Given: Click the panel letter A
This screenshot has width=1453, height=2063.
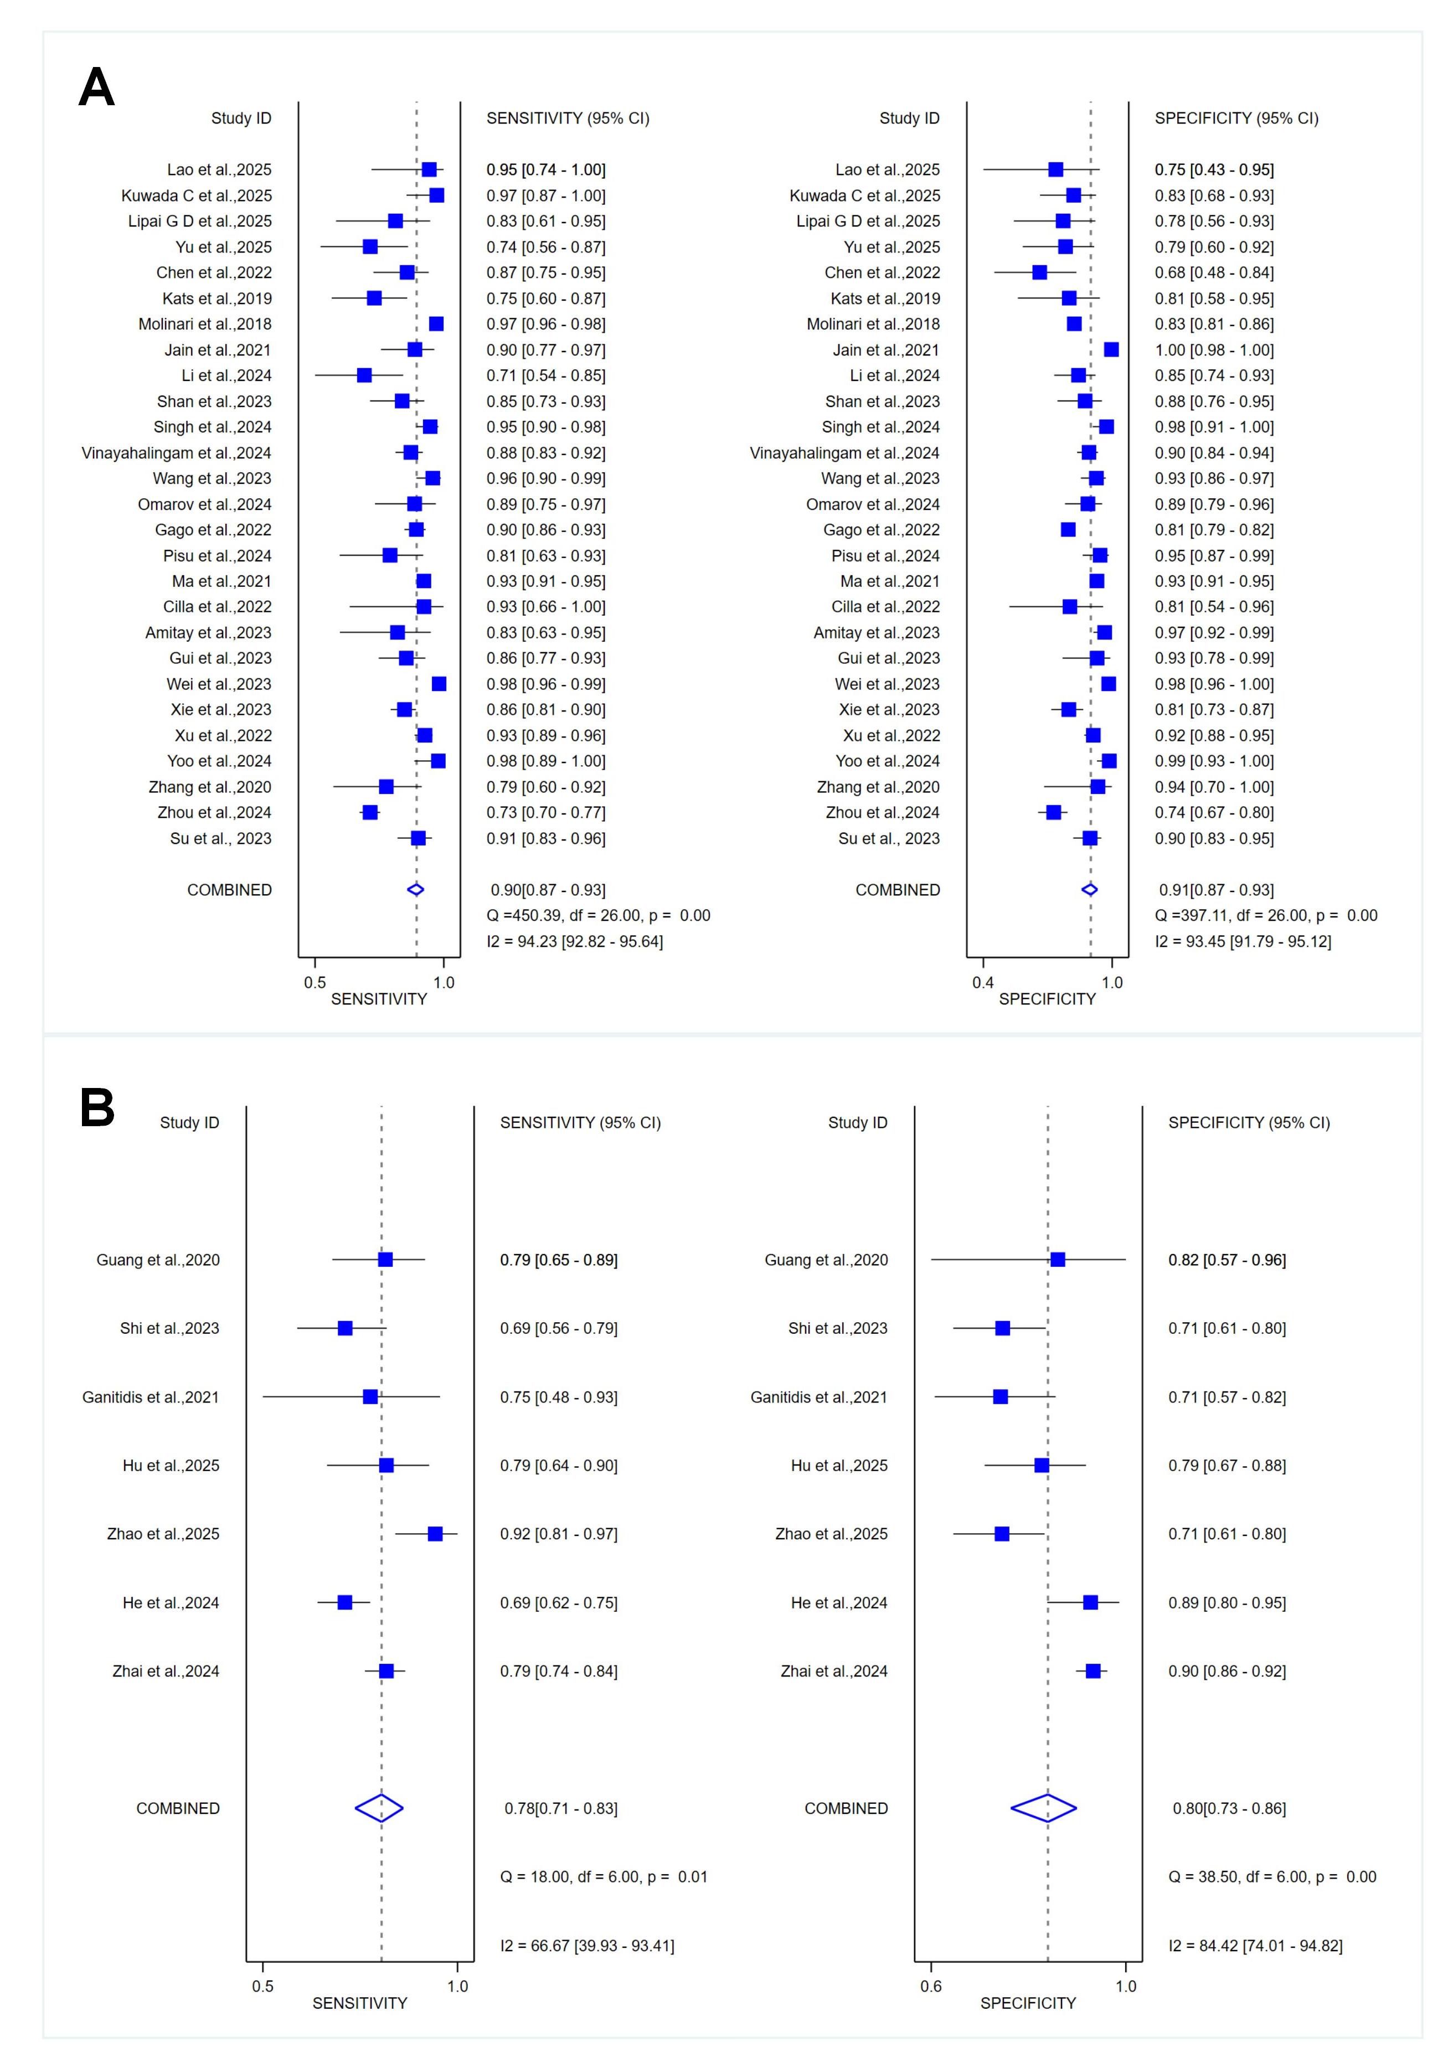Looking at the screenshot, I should (x=96, y=88).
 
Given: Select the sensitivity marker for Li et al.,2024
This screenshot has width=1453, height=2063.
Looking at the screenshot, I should (x=364, y=375).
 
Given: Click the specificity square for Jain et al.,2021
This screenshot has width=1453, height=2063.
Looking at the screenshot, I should (x=1111, y=349).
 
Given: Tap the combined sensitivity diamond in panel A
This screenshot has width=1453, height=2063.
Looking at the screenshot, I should (x=415, y=890).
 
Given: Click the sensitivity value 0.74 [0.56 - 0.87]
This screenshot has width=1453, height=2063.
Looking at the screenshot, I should (x=545, y=247).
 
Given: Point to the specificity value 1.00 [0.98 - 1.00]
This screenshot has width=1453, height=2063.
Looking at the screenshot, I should (x=1214, y=349).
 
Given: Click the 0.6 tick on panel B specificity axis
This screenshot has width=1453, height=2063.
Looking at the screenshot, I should (x=931, y=1985).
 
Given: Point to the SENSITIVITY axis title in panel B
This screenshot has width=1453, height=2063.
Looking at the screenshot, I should (x=359, y=2003).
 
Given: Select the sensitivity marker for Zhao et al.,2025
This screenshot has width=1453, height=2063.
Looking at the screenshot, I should (x=435, y=1534).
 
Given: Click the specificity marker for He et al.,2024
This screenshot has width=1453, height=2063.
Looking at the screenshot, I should (x=1090, y=1602).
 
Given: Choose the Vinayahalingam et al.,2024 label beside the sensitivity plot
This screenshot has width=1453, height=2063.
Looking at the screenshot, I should (x=176, y=453).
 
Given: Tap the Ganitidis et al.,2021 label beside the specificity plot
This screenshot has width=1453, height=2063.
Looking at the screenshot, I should (x=818, y=1397).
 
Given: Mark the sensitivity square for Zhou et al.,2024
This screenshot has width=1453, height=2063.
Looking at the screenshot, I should (x=369, y=812).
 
